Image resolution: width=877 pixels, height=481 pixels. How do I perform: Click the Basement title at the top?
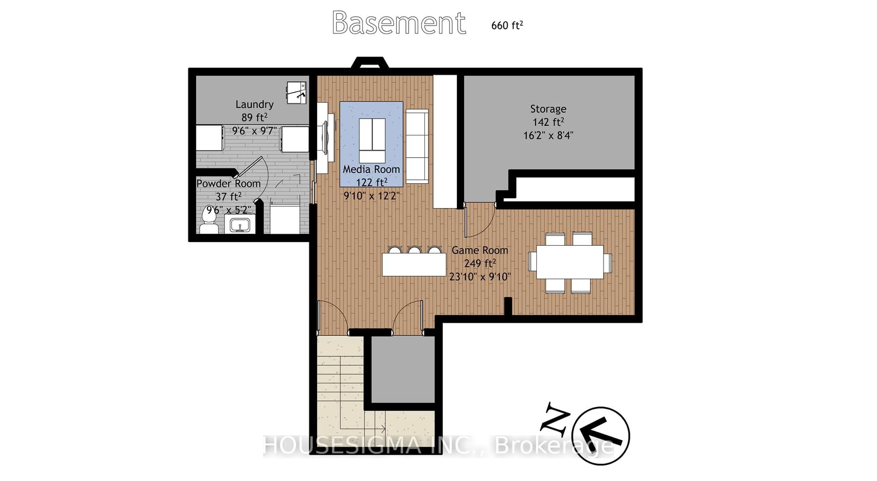(399, 23)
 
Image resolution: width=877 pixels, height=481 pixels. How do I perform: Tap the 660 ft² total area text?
(507, 25)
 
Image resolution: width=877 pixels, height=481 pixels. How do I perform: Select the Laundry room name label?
(254, 104)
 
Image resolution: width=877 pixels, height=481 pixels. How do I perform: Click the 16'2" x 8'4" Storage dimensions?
(548, 135)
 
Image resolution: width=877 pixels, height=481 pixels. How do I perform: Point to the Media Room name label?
(371, 169)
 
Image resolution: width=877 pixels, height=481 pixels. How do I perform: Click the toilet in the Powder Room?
(208, 222)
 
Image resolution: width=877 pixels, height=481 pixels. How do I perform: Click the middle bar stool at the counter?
(414, 250)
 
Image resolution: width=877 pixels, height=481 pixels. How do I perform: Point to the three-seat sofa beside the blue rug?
(417, 146)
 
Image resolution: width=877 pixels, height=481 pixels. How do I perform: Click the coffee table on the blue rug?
(372, 140)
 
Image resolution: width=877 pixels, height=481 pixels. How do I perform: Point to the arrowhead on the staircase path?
(383, 428)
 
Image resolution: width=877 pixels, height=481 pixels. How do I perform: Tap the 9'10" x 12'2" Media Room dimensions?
(371, 196)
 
